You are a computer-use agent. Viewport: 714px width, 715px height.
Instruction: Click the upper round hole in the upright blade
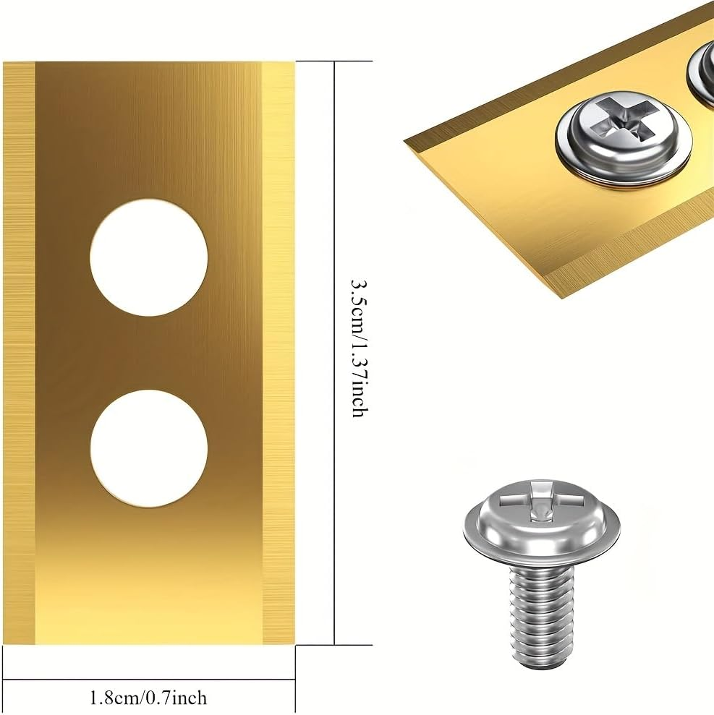coord(148,257)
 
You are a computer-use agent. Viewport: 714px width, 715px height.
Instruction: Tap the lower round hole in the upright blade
coord(148,448)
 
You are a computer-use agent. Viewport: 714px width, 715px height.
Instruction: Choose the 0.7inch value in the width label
coord(178,698)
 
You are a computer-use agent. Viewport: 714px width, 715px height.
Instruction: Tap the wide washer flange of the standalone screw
coord(540,539)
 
